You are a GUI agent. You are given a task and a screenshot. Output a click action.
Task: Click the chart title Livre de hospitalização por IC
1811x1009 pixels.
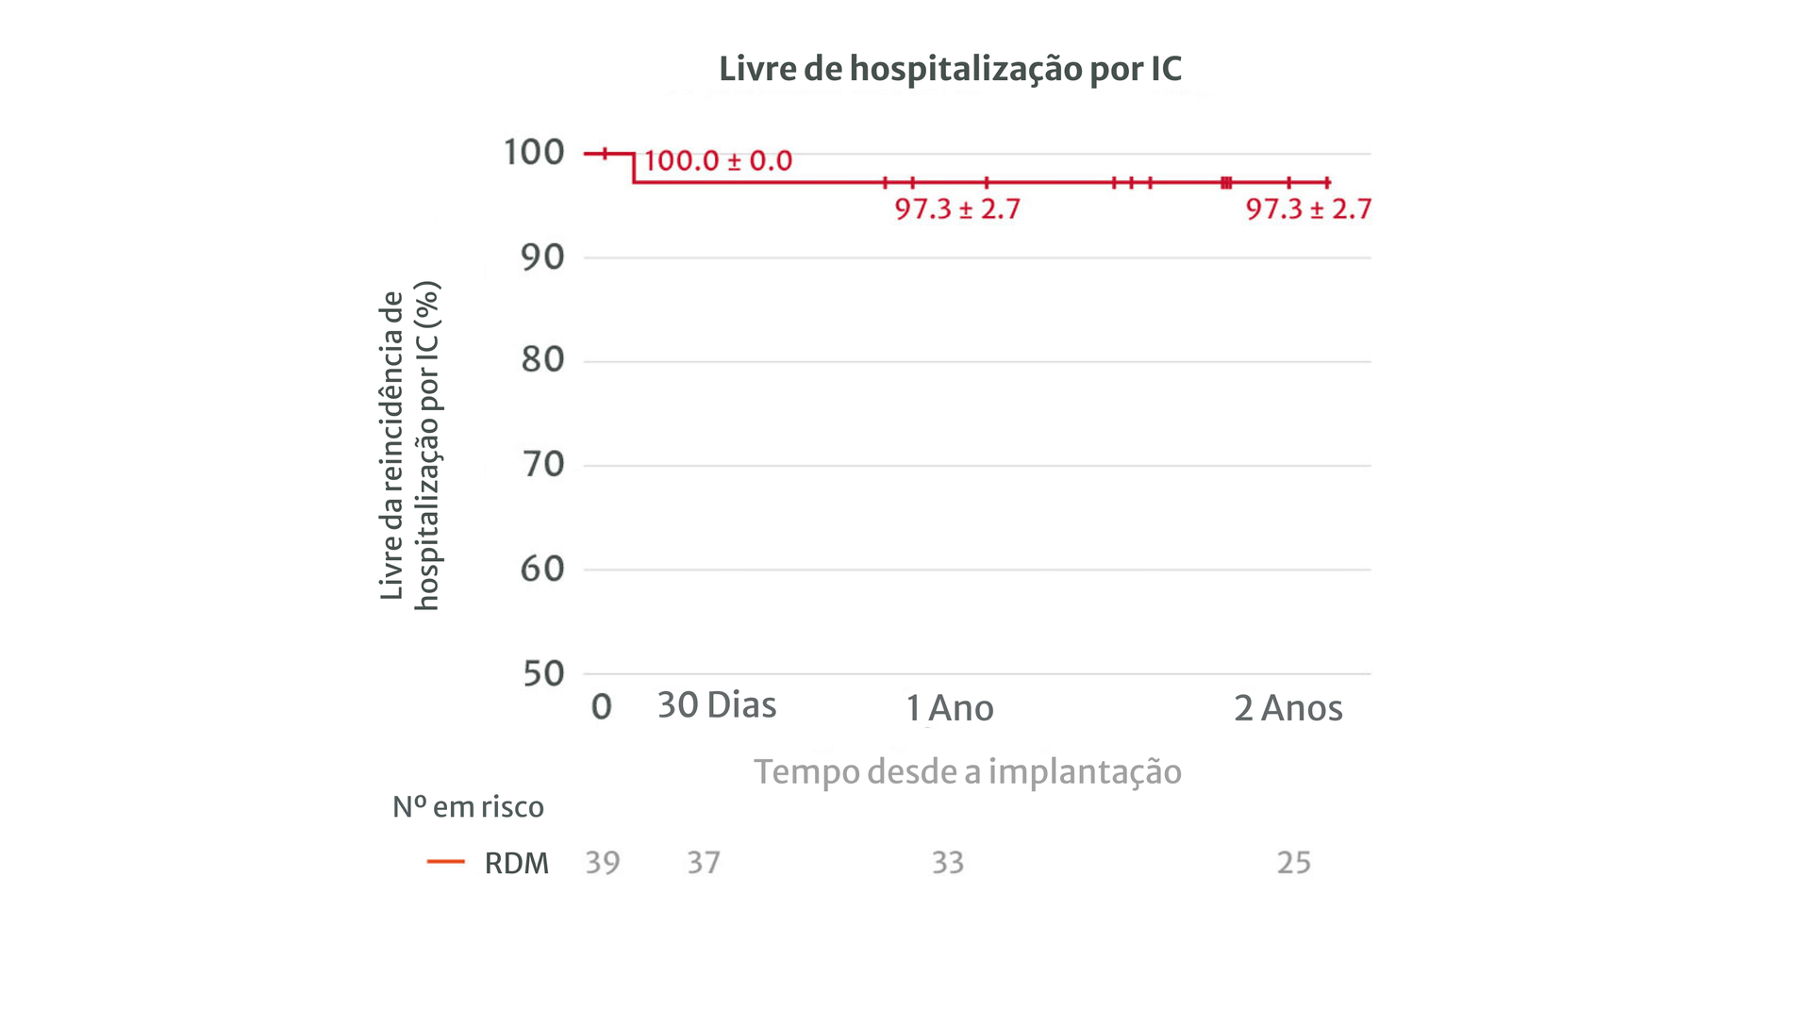pyautogui.click(x=950, y=69)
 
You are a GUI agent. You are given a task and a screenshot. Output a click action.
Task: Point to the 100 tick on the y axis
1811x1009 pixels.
pyautogui.click(x=533, y=152)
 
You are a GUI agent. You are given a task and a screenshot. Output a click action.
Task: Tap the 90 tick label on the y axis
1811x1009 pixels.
pyautogui.click(x=542, y=256)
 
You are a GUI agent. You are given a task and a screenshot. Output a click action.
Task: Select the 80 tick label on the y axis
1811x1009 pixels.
pyautogui.click(x=542, y=359)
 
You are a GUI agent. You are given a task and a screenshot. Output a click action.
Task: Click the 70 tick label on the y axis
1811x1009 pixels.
pyautogui.click(x=542, y=464)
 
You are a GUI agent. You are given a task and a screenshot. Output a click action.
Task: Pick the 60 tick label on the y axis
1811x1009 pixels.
pyautogui.click(x=542, y=569)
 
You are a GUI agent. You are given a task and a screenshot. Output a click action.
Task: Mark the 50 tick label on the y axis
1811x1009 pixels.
pyautogui.click(x=542, y=673)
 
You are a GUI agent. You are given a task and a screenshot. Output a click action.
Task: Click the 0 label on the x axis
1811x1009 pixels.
pyautogui.click(x=601, y=707)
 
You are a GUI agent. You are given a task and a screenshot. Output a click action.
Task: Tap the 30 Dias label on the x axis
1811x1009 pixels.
pyautogui.click(x=717, y=705)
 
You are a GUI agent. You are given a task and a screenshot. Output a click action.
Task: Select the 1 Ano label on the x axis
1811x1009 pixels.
pyautogui.click(x=950, y=708)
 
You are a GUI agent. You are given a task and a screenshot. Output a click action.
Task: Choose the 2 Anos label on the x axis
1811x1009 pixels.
pyautogui.click(x=1288, y=708)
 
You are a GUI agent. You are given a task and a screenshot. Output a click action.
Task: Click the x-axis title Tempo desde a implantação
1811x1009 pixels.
pyautogui.click(x=967, y=771)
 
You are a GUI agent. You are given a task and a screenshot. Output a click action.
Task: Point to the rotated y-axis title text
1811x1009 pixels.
pyautogui.click(x=409, y=445)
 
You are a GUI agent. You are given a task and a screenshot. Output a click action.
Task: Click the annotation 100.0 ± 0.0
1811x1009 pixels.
pyautogui.click(x=718, y=160)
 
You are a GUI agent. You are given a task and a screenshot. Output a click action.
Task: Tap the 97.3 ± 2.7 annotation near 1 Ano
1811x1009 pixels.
pyautogui.click(x=957, y=208)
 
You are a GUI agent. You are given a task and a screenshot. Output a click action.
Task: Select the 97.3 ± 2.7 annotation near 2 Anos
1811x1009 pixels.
pyautogui.click(x=1308, y=208)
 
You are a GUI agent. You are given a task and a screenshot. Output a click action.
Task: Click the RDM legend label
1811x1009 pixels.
pyautogui.click(x=516, y=863)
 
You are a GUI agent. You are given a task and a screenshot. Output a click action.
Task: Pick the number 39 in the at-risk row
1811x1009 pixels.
pyautogui.click(x=603, y=863)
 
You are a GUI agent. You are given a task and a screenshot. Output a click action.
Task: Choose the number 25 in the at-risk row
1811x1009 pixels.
pyautogui.click(x=1293, y=863)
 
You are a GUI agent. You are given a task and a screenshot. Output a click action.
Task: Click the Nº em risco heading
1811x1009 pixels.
pyautogui.click(x=468, y=807)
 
